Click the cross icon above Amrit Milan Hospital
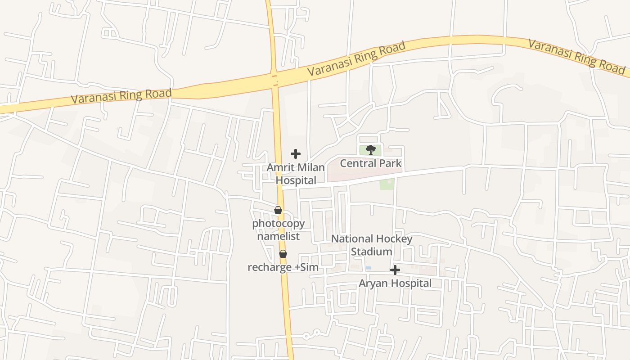click(x=296, y=154)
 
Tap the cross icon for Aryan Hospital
click(x=395, y=270)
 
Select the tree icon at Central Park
click(x=371, y=150)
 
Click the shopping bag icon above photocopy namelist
click(x=278, y=210)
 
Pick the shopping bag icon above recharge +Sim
click(x=283, y=254)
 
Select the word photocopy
click(x=278, y=223)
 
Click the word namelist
click(x=278, y=236)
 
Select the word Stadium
click(x=372, y=252)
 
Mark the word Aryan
click(x=373, y=283)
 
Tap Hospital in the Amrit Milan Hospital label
click(x=296, y=180)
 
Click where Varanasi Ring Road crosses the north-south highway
click(x=274, y=80)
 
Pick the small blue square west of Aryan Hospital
click(x=368, y=268)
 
